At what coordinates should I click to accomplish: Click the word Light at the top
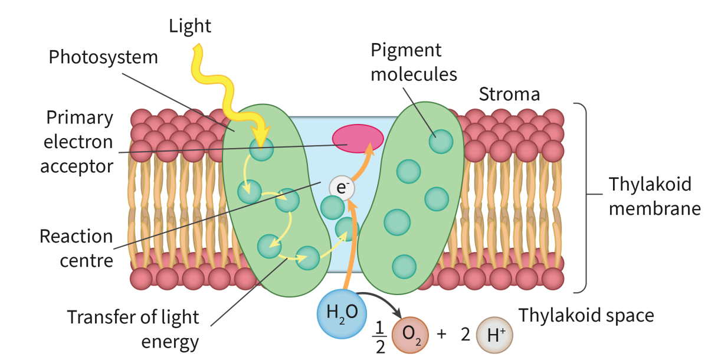(190, 26)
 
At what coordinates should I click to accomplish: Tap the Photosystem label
(103, 57)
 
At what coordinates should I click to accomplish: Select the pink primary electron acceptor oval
(358, 138)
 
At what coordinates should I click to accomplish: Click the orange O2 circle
(412, 333)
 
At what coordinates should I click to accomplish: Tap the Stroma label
(509, 94)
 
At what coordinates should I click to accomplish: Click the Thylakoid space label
(586, 316)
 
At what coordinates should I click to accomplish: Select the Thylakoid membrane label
(654, 197)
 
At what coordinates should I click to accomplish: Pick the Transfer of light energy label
(133, 329)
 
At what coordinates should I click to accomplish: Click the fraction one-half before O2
(380, 336)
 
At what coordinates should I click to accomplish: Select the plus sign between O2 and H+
(441, 334)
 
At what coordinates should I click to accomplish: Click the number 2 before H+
(465, 335)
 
